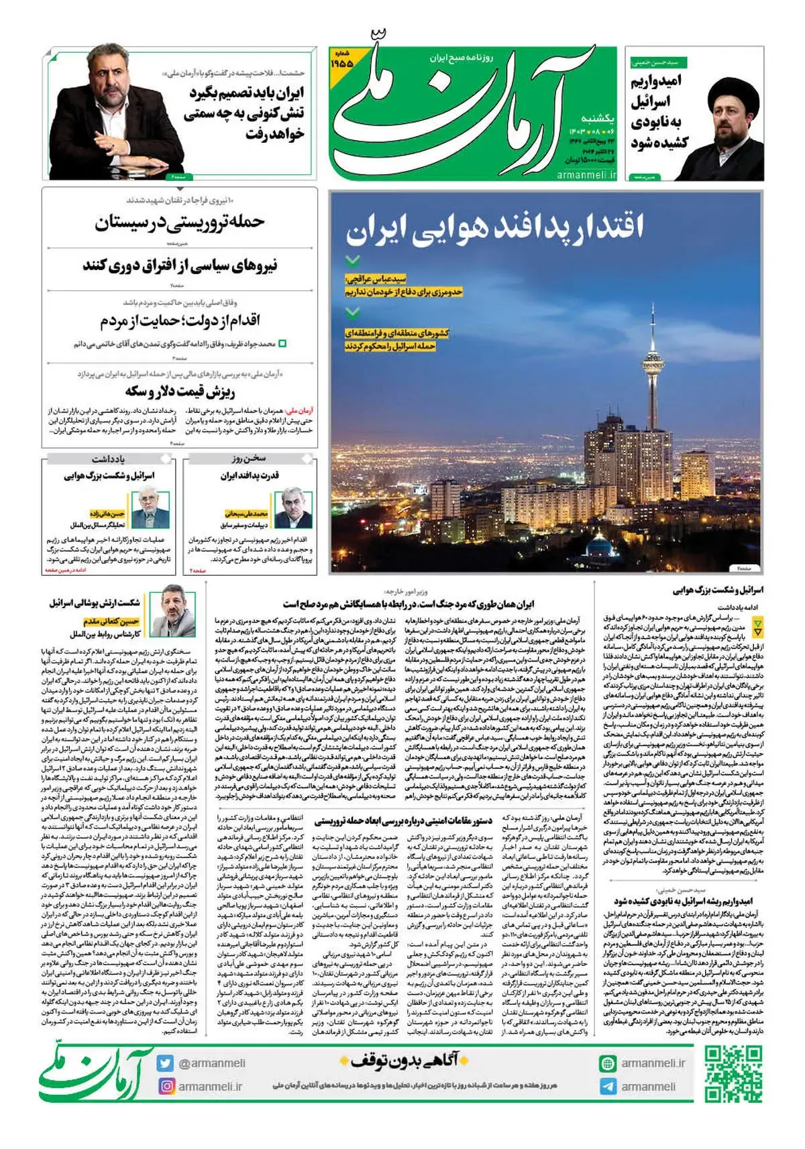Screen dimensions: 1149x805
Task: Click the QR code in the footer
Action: (x=733, y=1073)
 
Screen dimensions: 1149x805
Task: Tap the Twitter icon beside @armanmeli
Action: (x=165, y=1063)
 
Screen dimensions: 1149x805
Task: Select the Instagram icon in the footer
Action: (x=165, y=1086)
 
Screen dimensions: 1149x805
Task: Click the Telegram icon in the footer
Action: (x=608, y=1087)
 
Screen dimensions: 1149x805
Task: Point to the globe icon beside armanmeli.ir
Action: (x=608, y=1063)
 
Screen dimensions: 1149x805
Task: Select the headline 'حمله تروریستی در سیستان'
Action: (x=180, y=222)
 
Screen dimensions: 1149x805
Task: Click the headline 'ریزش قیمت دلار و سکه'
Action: (x=180, y=391)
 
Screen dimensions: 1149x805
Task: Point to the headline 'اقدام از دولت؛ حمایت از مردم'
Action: (x=180, y=320)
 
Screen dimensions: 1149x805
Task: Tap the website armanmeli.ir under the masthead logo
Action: (x=586, y=174)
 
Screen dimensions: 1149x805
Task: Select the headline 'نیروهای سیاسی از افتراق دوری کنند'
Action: (x=180, y=266)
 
